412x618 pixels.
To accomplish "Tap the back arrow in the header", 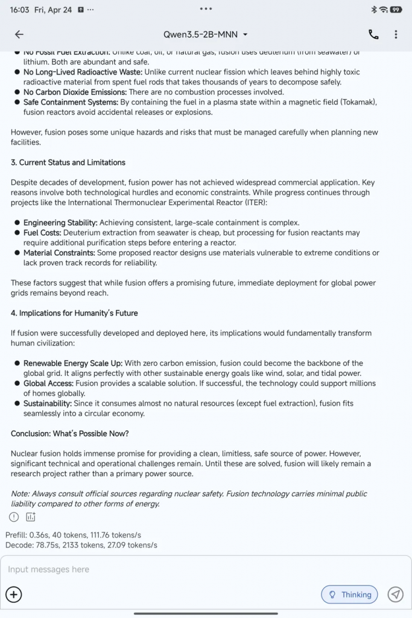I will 19,34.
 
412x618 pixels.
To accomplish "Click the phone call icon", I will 373,34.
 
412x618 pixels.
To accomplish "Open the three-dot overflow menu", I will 396,34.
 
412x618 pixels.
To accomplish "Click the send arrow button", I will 395,594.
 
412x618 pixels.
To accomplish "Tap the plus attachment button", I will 14,594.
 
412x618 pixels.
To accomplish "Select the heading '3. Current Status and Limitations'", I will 68,162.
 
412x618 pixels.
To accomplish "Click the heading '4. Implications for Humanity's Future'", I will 74,313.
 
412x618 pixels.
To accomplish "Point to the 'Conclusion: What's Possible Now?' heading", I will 70,434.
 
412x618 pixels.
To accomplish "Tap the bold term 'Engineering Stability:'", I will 60,223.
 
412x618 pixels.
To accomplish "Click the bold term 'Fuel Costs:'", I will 42,233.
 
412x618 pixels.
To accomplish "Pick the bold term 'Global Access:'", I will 48,383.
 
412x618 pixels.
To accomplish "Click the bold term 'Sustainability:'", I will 48,403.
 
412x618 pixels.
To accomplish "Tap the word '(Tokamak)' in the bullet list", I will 357,102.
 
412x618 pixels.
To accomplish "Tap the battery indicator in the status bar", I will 396,10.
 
